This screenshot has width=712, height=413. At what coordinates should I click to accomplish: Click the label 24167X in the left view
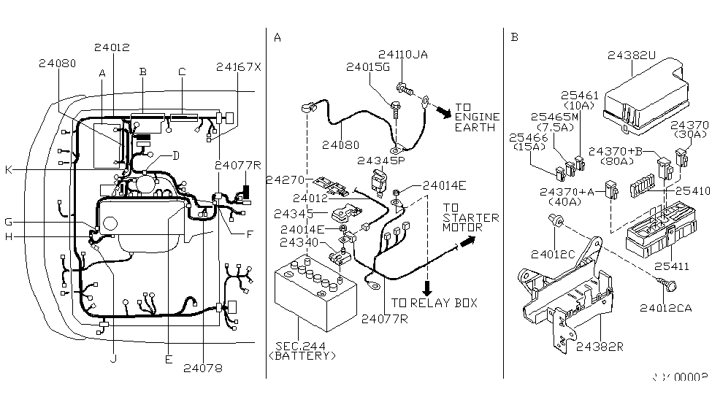238,67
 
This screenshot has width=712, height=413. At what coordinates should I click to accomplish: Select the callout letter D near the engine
176,155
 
